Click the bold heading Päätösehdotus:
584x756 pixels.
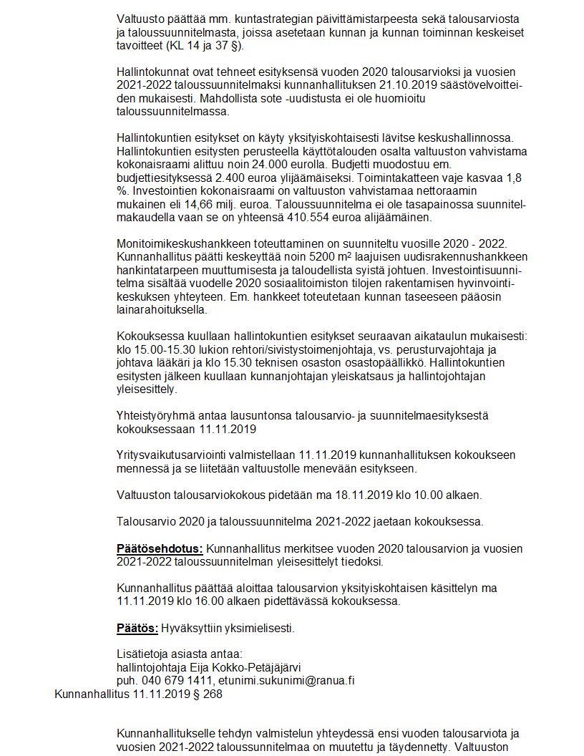[160, 549]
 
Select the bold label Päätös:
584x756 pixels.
[137, 629]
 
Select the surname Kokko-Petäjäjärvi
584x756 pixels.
[249, 667]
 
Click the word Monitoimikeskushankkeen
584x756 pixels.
[182, 244]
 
